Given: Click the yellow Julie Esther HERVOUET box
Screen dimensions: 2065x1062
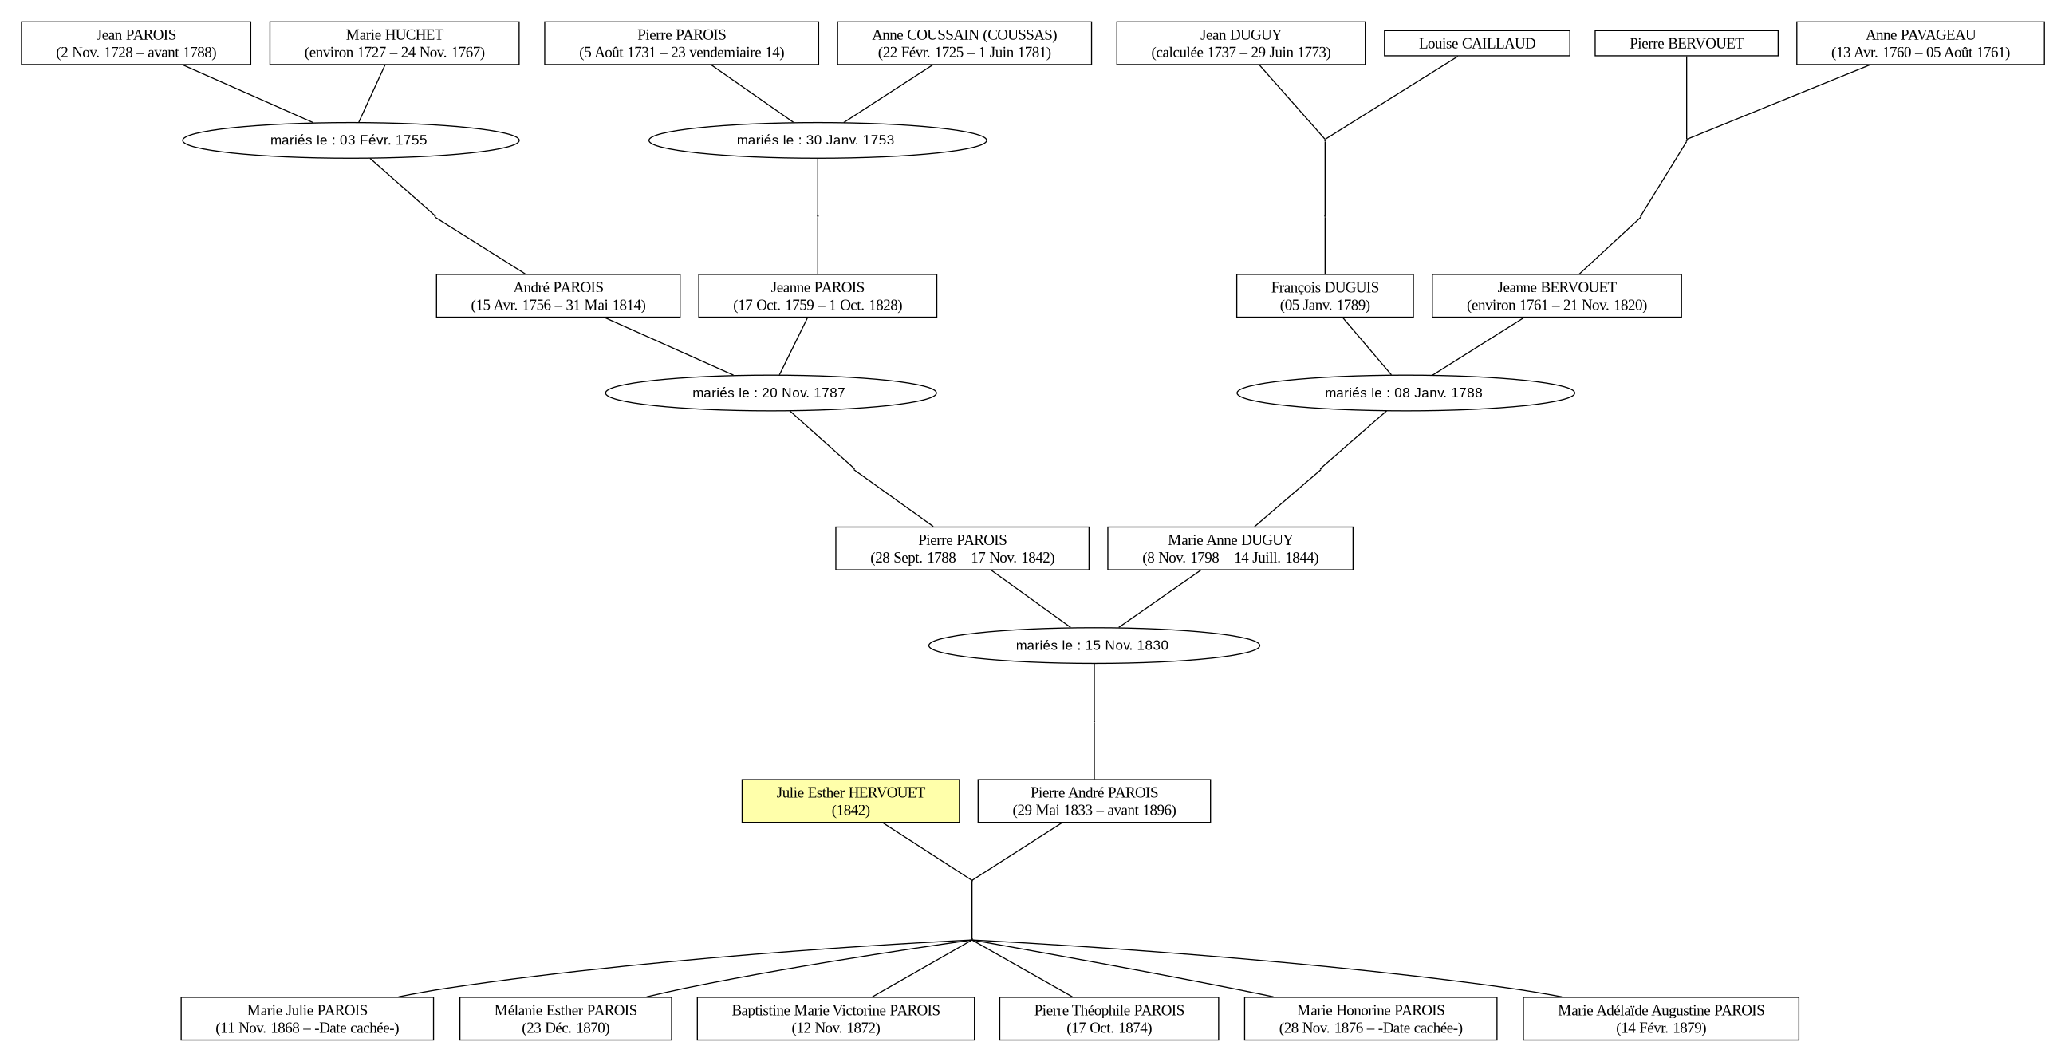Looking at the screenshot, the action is tap(850, 800).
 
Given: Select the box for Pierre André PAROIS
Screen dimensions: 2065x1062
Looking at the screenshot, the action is tap(1094, 800).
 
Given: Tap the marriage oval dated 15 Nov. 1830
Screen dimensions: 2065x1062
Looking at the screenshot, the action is tap(1094, 645).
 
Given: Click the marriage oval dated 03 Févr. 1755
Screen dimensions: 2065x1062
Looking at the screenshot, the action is tap(351, 140).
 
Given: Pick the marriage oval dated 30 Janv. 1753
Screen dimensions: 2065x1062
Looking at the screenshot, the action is tap(818, 140).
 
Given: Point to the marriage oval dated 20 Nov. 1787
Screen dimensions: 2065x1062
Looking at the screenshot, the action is tap(771, 393).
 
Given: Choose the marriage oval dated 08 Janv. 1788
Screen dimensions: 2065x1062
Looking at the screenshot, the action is tap(1406, 393).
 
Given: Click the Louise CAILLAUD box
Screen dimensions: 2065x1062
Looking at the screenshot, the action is tap(1476, 43).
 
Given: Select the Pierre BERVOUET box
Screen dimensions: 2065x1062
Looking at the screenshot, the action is tap(1687, 43).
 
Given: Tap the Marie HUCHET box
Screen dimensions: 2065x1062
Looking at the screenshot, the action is tap(394, 43).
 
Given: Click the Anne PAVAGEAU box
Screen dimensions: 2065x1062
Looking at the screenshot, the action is tap(1920, 43).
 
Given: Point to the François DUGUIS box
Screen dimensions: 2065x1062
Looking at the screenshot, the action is tap(1325, 296).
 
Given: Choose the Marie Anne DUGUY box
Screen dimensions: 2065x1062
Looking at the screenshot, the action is tap(1231, 549).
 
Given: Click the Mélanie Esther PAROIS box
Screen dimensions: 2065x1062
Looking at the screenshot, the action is tap(566, 1019).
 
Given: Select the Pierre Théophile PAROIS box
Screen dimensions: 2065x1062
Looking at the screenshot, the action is tap(1109, 1019).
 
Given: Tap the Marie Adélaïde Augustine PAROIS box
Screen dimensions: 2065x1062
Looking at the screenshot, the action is tap(1661, 1019).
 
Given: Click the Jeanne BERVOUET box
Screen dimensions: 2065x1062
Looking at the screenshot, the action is tap(1557, 296).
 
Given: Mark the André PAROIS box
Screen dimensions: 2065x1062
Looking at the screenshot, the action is tap(558, 296).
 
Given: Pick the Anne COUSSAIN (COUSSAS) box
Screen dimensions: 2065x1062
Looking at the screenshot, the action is tap(964, 43).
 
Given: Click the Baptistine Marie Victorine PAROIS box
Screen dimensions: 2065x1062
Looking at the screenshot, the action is tap(836, 1019).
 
